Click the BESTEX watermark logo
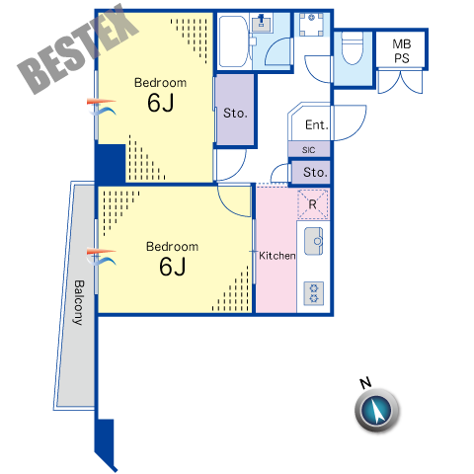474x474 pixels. coord(78,48)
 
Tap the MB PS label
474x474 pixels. coord(402,51)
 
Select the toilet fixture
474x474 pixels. coord(353,47)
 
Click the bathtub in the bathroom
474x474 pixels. coord(233,41)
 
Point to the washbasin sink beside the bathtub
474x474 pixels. coord(262,24)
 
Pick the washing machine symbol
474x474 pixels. coord(311,25)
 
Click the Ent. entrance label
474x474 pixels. coord(317,125)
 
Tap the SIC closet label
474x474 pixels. coord(308,150)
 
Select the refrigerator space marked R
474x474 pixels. coord(313,204)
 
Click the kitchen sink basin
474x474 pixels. coord(313,241)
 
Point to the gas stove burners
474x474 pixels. coord(313,293)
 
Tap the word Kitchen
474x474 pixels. coord(276,256)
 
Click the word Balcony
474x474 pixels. coord(78,302)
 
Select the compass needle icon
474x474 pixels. coord(377,411)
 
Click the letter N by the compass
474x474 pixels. coord(365,383)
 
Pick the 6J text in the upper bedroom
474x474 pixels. coord(160,103)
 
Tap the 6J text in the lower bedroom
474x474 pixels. coord(172,267)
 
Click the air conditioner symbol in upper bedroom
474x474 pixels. coord(102,107)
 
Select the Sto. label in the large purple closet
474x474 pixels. coord(235,114)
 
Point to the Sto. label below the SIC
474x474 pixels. coord(315,172)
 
